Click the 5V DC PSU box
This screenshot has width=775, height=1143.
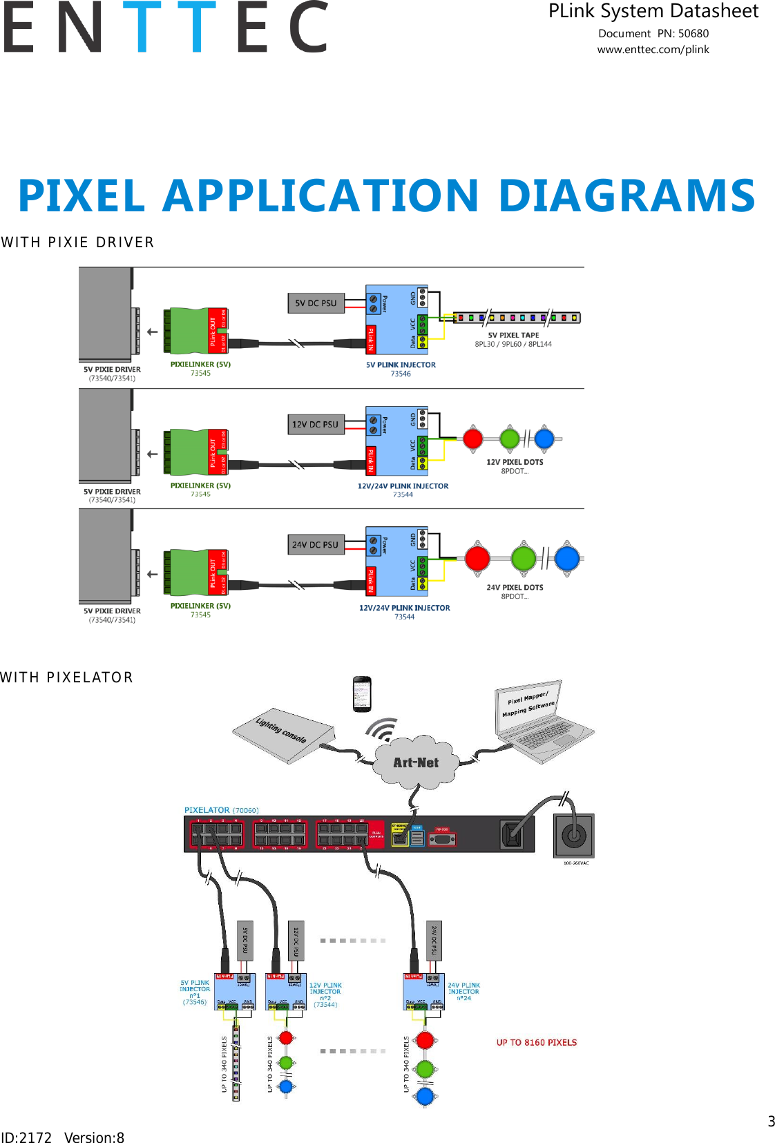316,303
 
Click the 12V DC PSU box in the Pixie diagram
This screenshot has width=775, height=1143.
316,424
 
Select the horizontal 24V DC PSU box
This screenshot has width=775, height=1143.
316,545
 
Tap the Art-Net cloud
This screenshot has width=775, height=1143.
416,762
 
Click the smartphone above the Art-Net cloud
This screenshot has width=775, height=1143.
362,693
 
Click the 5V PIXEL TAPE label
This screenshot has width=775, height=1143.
513,335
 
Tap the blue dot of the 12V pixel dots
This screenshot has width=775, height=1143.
544,439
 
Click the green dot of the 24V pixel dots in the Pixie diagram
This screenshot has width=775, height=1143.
524,558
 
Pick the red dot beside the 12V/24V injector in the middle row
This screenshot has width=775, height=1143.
473,439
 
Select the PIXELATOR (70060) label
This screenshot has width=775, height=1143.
221,810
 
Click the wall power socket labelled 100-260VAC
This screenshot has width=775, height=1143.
573,836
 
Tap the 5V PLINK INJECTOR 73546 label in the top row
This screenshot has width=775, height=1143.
401,369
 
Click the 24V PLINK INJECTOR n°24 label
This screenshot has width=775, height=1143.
463,991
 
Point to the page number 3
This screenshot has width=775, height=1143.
771,1122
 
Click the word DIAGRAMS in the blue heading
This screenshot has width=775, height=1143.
626,195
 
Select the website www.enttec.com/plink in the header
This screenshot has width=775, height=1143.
653,50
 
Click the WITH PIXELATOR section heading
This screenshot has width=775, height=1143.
66,678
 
